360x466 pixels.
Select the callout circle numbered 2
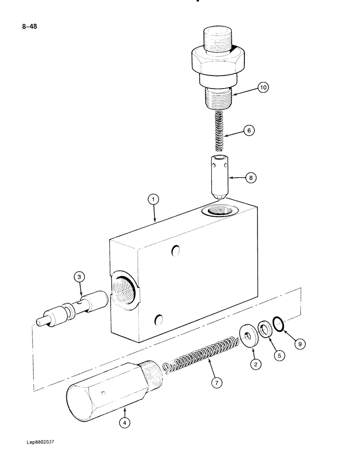(256, 365)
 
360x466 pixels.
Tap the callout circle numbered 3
(80, 278)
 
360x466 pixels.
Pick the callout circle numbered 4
(125, 423)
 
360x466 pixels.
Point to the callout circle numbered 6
(249, 131)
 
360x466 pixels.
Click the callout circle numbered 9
(300, 344)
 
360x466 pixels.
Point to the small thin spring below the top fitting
(218, 131)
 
